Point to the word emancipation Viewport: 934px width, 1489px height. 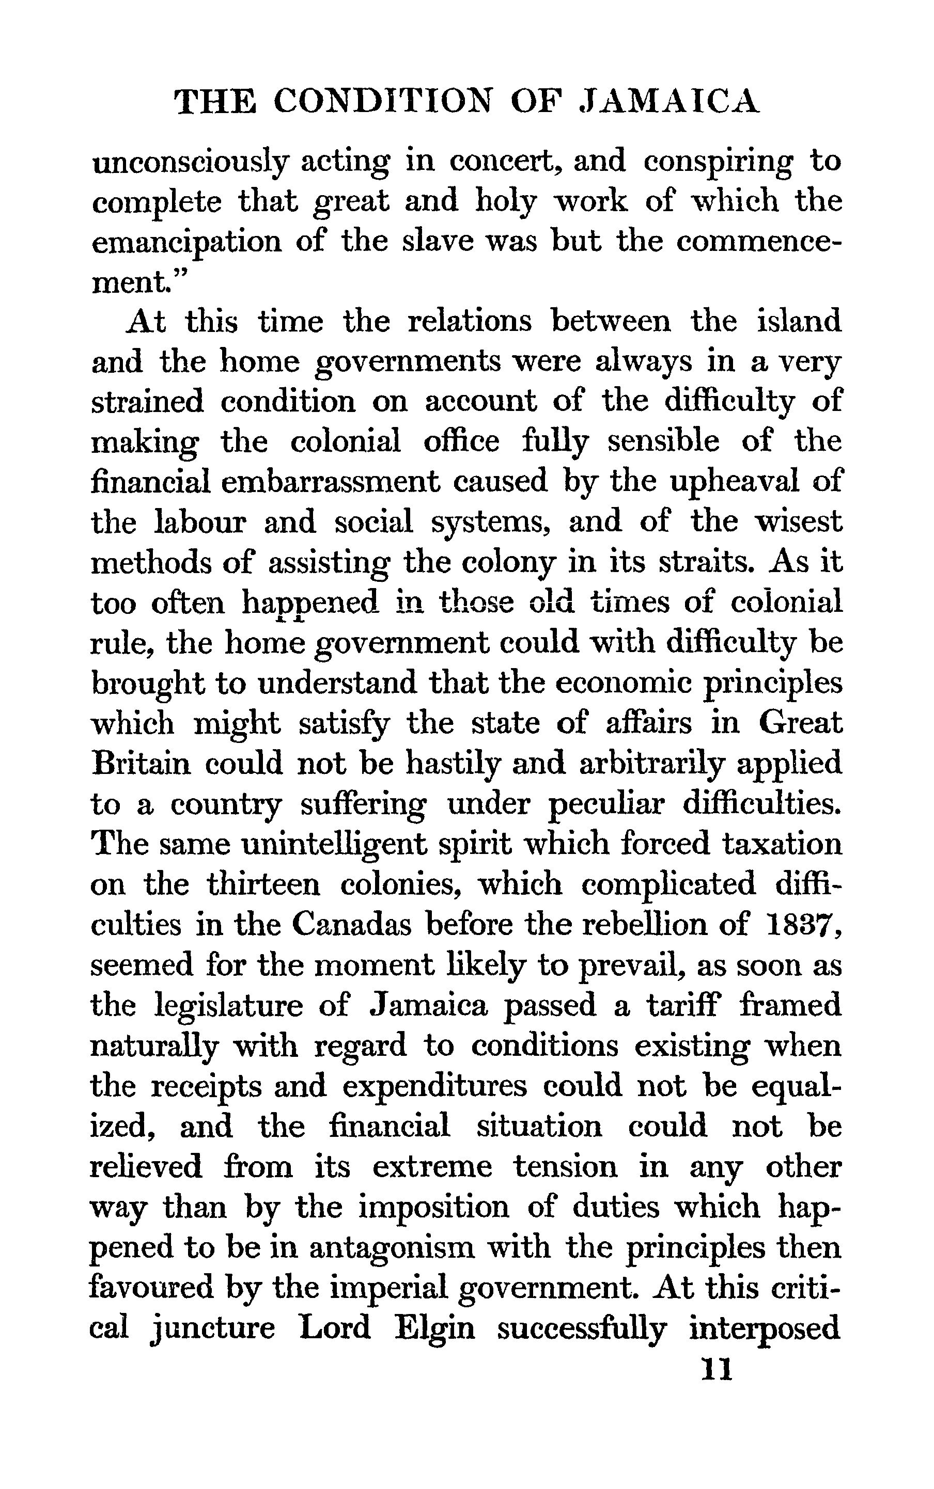(186, 243)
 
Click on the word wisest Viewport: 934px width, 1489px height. (798, 521)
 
